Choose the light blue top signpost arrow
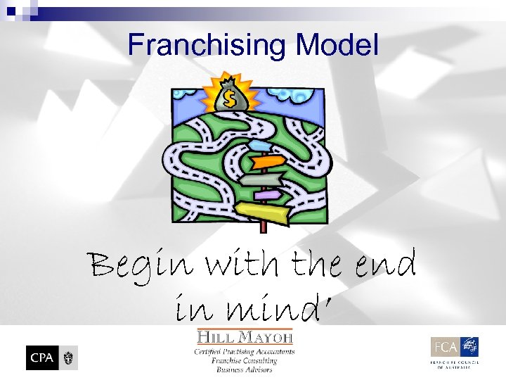pyautogui.click(x=261, y=146)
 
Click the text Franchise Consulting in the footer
pyautogui.click(x=245, y=361)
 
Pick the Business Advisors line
pyautogui.click(x=245, y=369)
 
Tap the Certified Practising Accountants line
pyautogui.click(x=245, y=352)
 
